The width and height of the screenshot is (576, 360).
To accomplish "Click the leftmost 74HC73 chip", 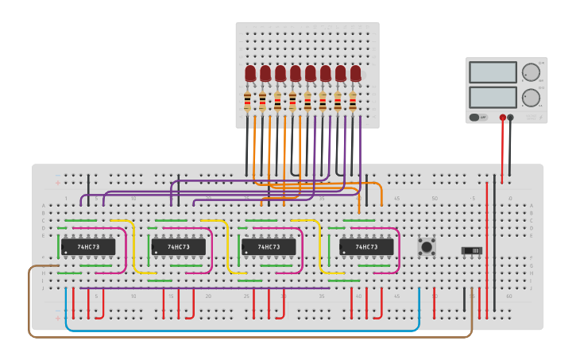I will click(88, 247).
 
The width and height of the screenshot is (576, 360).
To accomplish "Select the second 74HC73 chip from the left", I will click(178, 247).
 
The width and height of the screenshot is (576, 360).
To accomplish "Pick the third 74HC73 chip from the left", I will click(269, 247).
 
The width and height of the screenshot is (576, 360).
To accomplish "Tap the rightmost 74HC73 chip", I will click(366, 247).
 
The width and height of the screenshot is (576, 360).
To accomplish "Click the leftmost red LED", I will click(250, 74).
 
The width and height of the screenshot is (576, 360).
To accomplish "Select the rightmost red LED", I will click(355, 74).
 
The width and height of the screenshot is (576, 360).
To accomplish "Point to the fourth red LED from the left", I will click(296, 74).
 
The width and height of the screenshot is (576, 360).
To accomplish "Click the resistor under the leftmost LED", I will click(247, 101).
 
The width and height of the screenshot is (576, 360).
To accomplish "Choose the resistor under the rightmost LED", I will click(353, 101).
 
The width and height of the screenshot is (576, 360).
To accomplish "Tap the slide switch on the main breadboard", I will click(472, 251).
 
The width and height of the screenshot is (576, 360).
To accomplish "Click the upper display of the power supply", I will click(493, 72).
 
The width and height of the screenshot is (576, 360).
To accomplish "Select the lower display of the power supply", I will click(493, 97).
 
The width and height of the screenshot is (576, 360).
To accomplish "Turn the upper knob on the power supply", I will click(530, 72).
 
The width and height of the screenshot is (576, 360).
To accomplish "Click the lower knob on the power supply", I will click(530, 97).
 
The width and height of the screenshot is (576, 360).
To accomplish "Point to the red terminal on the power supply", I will click(502, 118).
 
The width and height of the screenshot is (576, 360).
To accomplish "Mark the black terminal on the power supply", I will click(510, 118).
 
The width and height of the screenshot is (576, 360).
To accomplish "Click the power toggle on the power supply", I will click(474, 118).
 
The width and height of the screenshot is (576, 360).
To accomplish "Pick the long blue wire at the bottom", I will click(238, 330).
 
